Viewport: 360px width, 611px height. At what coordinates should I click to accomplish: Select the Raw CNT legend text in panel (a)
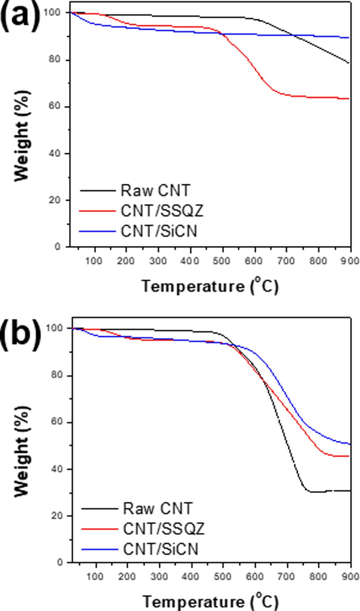(x=155, y=190)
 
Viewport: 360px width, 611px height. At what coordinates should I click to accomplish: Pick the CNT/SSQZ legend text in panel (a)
(x=162, y=211)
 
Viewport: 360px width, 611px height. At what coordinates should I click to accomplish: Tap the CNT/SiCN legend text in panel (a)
(x=159, y=231)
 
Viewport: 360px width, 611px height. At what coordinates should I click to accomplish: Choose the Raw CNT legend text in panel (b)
(x=158, y=508)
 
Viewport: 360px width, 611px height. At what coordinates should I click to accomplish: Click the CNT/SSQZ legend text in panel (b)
(x=164, y=528)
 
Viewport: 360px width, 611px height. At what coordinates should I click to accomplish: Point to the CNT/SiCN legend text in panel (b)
(x=161, y=549)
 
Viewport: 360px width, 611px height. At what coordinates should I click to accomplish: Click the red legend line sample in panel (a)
(x=97, y=211)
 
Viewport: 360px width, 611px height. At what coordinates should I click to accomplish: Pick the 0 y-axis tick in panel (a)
(x=58, y=247)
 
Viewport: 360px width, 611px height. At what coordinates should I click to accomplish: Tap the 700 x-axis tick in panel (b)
(x=287, y=576)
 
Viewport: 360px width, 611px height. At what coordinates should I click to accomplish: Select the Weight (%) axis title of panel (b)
(x=22, y=451)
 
